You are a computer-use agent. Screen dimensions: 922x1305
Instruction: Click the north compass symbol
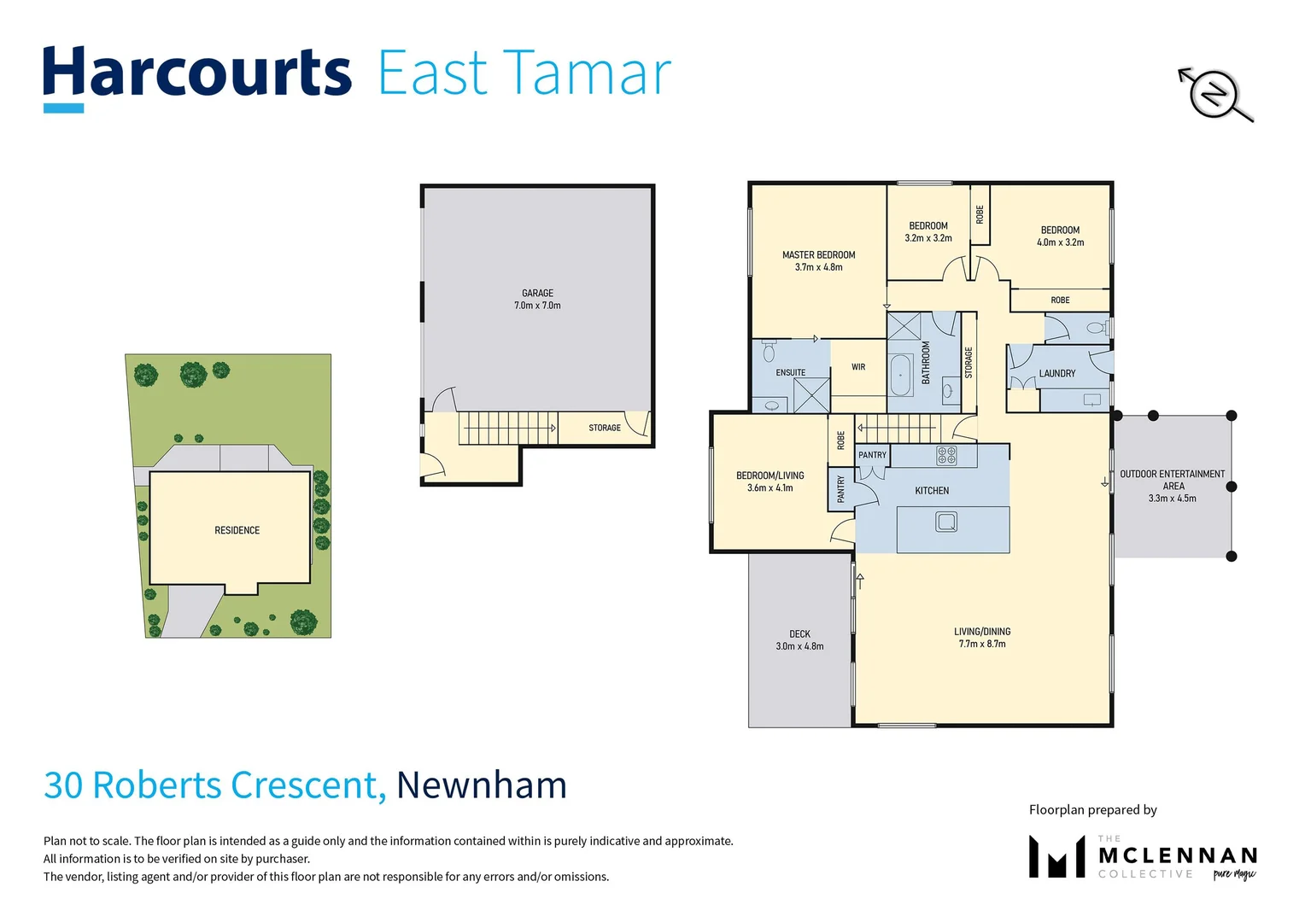[1214, 92]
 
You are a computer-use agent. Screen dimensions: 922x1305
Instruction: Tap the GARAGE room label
[537, 293]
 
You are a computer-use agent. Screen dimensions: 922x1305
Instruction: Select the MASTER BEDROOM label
[818, 254]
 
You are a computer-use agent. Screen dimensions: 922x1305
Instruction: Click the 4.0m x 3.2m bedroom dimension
[1060, 242]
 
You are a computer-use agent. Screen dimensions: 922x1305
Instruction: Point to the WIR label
[858, 367]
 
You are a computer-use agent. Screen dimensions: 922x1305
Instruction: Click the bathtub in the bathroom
[900, 375]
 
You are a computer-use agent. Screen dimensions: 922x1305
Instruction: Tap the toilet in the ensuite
[769, 352]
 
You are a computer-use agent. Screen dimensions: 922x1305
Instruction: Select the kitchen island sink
[945, 521]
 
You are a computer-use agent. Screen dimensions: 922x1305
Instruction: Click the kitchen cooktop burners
[946, 455]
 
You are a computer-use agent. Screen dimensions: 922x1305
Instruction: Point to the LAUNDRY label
[1056, 373]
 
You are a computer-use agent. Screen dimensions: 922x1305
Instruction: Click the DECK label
[799, 633]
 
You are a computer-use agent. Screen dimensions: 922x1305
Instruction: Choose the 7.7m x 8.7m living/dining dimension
[982, 645]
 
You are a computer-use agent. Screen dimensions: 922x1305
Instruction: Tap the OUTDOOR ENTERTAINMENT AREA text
[1172, 480]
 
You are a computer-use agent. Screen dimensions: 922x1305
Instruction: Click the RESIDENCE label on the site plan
[237, 530]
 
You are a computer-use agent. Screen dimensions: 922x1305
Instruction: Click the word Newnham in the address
[482, 785]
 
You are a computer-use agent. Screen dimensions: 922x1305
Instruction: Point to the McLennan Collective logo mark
[1056, 856]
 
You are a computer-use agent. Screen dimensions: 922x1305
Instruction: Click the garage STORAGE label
[604, 428]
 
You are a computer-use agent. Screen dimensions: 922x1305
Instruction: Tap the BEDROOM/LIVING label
[770, 476]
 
